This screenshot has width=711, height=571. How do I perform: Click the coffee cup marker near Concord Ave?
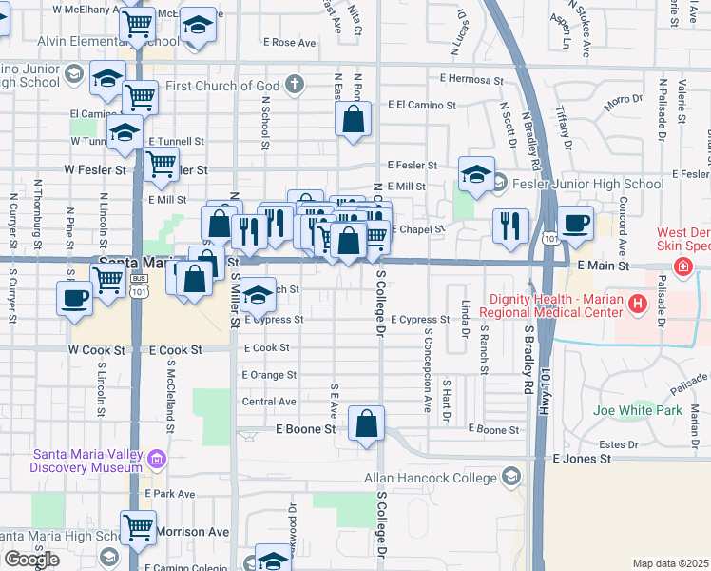point(575,222)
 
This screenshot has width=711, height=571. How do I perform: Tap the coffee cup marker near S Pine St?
point(74,298)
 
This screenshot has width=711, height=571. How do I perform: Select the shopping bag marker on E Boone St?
point(366,423)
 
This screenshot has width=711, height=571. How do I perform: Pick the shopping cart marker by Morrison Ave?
point(139,525)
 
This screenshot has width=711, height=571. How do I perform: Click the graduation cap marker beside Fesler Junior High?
point(476,173)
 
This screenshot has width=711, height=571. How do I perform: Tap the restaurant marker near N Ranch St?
point(510,226)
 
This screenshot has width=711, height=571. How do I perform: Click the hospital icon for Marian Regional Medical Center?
point(638,305)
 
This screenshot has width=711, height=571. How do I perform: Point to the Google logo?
point(31,559)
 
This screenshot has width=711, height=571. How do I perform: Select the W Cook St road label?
point(97,350)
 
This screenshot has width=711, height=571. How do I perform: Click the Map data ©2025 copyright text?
point(670,563)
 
